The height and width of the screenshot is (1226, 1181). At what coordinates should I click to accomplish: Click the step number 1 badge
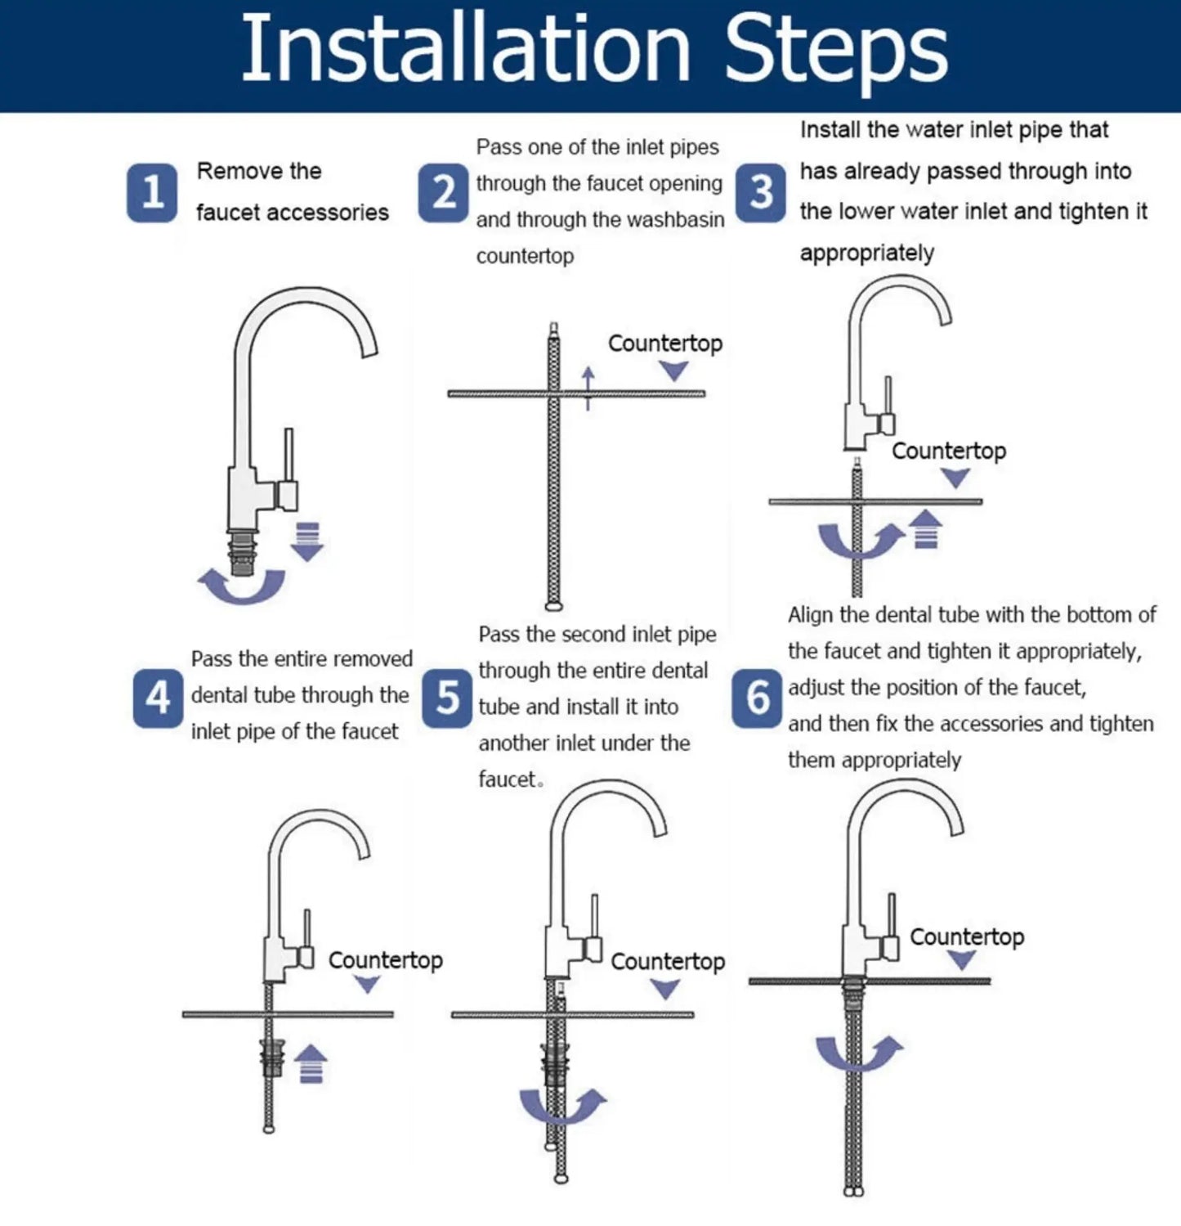point(152,192)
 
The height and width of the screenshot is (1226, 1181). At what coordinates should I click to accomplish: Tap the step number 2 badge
point(443,192)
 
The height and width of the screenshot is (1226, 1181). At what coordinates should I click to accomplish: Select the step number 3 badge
point(760,192)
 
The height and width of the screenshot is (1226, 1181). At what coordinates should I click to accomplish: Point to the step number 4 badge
point(158,698)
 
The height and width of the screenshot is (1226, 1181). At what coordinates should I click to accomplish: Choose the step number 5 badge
point(447,698)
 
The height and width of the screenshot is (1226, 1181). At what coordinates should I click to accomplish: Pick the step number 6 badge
point(757,698)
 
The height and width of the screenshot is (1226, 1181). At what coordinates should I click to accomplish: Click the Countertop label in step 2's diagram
point(665,344)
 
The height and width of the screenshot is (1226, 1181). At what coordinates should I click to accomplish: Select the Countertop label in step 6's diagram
point(967,936)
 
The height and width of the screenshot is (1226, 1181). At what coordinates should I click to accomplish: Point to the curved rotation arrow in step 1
point(242,589)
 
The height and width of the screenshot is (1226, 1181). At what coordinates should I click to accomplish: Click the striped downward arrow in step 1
point(307,541)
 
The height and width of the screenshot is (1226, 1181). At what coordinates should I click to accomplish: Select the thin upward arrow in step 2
point(588,388)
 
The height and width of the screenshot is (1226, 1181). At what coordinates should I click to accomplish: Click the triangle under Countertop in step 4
point(367,984)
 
